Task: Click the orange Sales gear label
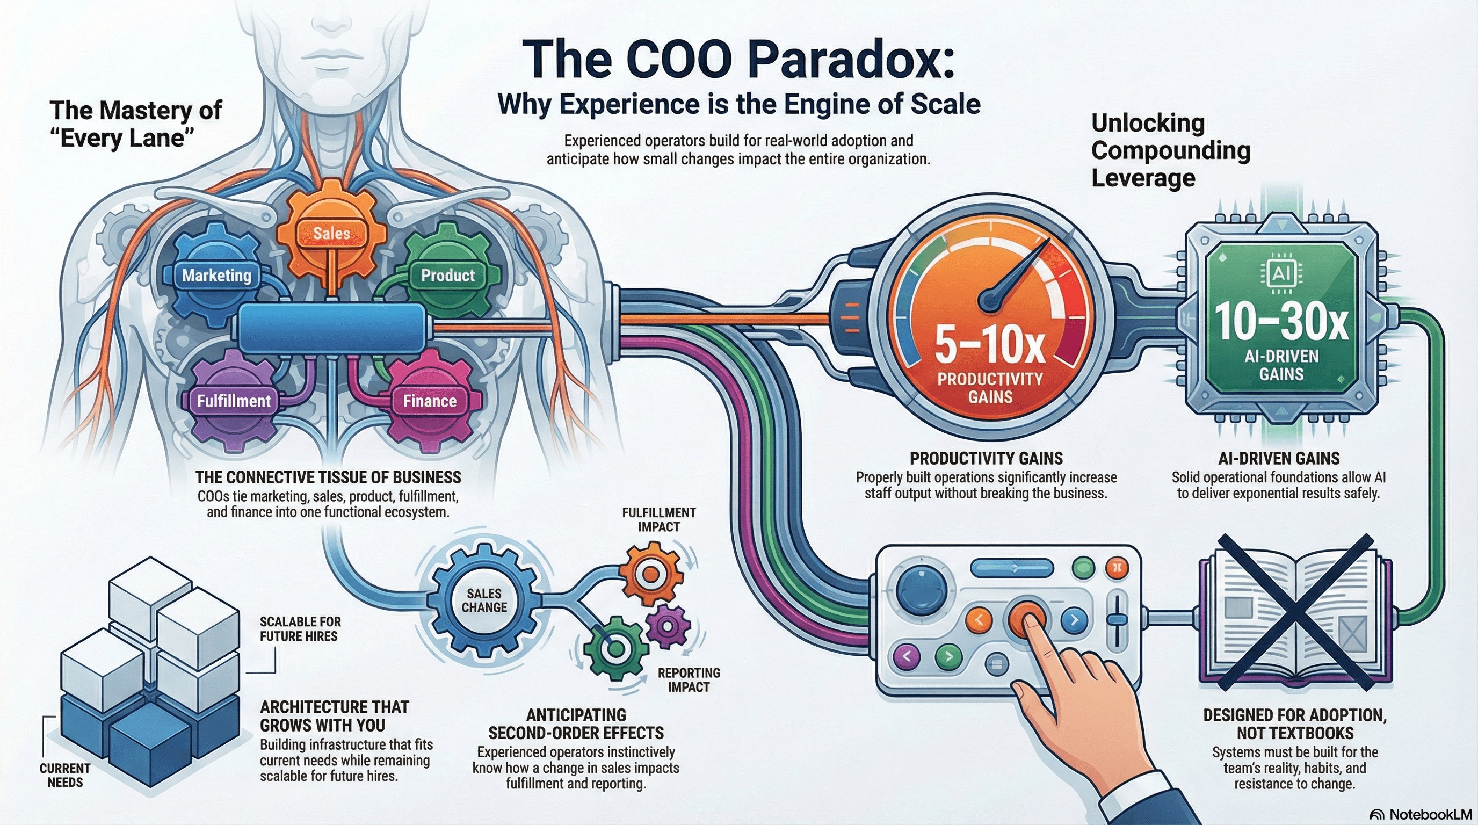click(x=331, y=234)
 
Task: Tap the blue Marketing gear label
click(x=217, y=276)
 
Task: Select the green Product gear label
click(x=447, y=276)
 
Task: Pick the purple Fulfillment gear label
click(x=234, y=401)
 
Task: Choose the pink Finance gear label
click(x=430, y=401)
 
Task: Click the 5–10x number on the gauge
click(x=990, y=345)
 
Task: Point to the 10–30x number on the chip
click(x=1280, y=322)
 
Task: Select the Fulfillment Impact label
click(x=658, y=520)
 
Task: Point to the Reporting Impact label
click(x=689, y=680)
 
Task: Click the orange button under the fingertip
click(x=1026, y=618)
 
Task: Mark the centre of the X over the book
click(x=1295, y=613)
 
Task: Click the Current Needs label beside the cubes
click(x=65, y=775)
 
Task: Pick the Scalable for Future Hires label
click(x=300, y=629)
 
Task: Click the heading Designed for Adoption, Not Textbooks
click(x=1295, y=724)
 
